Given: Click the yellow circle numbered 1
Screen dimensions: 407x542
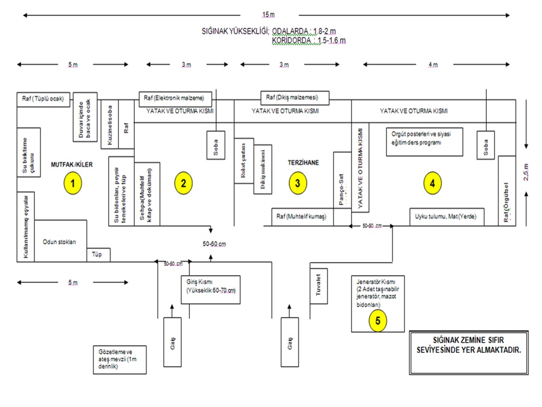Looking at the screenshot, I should [73, 183].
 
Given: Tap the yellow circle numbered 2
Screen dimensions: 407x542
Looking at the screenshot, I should [183, 183].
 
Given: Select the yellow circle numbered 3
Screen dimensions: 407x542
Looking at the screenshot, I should [297, 183].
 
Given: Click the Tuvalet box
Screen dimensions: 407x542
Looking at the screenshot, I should [319, 282].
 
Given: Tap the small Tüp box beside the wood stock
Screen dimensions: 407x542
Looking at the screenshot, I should [99, 255].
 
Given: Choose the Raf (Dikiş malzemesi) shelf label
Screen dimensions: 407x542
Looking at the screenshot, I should [294, 97].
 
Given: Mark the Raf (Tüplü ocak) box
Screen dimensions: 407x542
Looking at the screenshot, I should [43, 100].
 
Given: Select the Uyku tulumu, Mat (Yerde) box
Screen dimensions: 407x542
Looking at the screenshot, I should [447, 216].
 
